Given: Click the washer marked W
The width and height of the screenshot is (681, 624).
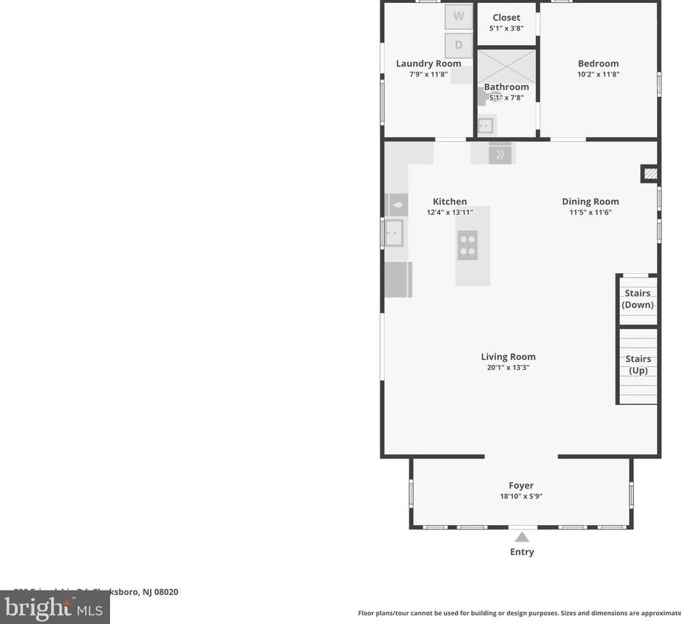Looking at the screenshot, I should point(459,16).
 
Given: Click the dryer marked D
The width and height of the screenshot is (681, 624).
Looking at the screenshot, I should point(459,45).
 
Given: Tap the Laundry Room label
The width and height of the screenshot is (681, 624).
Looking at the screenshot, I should point(428,63).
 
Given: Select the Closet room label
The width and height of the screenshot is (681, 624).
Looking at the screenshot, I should point(506,17).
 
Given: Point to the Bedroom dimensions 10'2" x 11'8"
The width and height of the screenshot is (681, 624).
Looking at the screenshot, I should point(598,74).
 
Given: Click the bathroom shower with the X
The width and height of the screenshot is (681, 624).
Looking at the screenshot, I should point(507,66).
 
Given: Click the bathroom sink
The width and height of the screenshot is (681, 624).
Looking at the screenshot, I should point(485,126).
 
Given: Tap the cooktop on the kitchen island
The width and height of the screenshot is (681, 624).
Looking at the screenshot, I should point(468,245).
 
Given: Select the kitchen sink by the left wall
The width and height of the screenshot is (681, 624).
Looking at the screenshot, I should point(393,233).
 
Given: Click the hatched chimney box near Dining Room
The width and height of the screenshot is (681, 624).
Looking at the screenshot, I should point(650,174).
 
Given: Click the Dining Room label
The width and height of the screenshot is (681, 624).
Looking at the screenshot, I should point(590,202).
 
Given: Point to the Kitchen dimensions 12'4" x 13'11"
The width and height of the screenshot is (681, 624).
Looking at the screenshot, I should point(449,213).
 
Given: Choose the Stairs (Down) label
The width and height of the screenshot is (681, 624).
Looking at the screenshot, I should point(637,299).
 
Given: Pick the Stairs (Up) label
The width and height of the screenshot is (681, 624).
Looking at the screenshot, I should point(638,365).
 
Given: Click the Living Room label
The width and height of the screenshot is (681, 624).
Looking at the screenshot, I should point(508,357).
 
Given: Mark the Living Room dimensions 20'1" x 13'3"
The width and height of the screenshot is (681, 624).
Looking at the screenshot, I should point(508,368).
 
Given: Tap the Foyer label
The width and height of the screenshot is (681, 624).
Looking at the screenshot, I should point(521,486).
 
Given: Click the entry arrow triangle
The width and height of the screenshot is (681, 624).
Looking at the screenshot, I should point(521,537).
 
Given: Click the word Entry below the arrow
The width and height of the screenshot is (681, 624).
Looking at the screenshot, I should point(521,552).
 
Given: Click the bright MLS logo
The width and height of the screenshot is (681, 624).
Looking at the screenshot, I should point(54,607).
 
